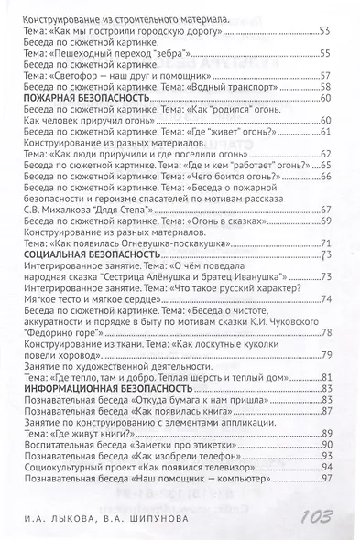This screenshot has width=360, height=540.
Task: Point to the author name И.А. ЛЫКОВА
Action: click(63, 519)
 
